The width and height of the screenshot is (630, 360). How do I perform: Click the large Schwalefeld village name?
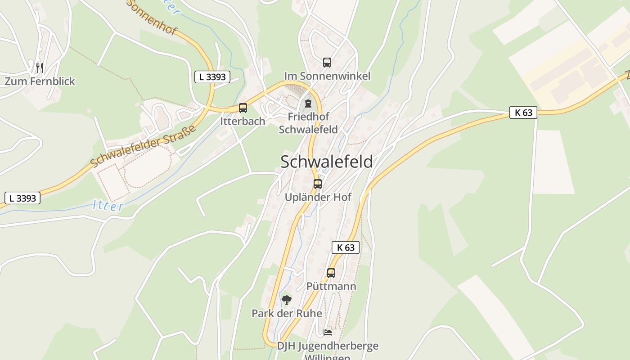tap(326, 162)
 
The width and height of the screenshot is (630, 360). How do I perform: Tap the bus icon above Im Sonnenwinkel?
tap(327, 63)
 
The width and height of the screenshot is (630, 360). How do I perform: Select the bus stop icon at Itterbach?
tap(243, 108)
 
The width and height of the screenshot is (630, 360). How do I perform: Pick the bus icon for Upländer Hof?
tap(318, 184)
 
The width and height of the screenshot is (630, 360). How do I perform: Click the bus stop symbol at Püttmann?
tap(331, 273)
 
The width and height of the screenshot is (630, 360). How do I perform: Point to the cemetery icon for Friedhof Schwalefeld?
tap(308, 103)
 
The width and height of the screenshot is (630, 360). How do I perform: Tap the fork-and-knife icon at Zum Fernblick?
tap(40, 68)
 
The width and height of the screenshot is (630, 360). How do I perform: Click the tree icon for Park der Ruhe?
tap(287, 300)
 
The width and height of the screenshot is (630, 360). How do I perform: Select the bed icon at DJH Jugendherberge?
tap(328, 333)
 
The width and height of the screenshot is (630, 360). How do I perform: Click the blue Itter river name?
tap(108, 206)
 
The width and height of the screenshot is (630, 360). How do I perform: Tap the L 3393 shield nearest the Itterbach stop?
tap(212, 77)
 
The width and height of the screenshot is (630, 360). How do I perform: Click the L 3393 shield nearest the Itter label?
tap(22, 198)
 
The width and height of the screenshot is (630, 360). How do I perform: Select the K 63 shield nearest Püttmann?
tap(346, 247)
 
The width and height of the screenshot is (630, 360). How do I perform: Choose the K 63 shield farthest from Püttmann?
tap(523, 112)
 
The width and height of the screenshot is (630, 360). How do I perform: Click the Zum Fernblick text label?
tap(40, 81)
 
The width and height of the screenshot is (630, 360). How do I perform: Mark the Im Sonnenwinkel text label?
tap(327, 76)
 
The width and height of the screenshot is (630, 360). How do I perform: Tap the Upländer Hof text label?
tap(318, 198)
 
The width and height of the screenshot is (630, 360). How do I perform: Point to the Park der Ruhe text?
tap(287, 314)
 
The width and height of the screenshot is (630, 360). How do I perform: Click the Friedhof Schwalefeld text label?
tap(308, 123)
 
